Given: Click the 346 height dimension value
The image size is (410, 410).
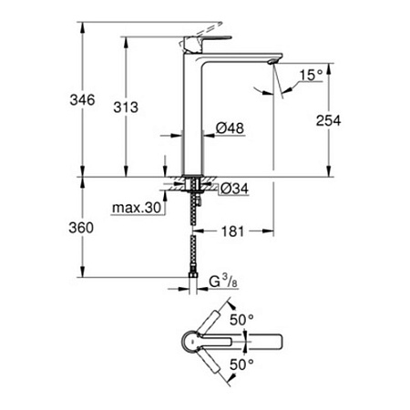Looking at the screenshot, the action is [82, 99].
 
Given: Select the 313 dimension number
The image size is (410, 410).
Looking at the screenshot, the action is [126, 108].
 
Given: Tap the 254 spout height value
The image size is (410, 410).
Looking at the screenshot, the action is [328, 120].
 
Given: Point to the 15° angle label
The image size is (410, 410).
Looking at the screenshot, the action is [311, 76].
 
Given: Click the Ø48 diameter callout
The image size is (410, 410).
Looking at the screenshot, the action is [230, 128].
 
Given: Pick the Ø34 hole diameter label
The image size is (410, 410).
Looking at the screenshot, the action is [234, 189].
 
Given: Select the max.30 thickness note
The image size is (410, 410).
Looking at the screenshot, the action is [137, 208].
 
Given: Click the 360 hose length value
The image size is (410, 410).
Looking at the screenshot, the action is [81, 228].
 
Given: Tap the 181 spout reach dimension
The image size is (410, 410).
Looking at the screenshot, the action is [232, 231].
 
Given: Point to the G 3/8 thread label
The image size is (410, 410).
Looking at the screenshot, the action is [223, 282].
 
